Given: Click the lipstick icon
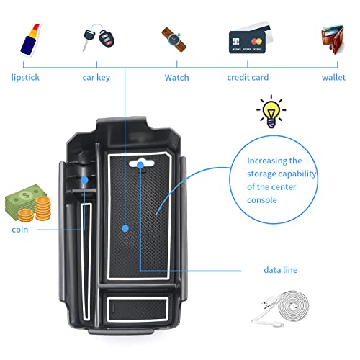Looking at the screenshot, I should (x=27, y=39).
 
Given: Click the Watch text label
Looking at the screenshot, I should (x=176, y=77).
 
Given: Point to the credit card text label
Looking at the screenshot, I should (x=249, y=77).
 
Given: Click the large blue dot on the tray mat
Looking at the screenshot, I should (x=125, y=228).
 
